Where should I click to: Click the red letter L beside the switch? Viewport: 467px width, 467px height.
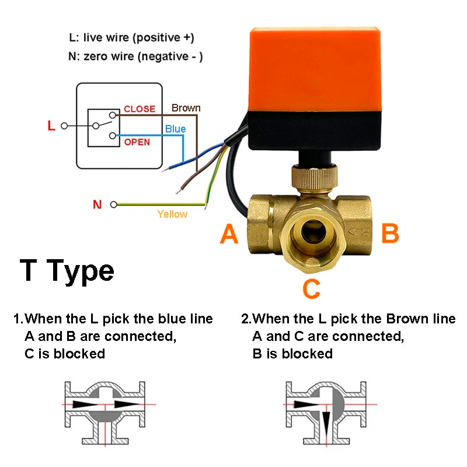[51, 126]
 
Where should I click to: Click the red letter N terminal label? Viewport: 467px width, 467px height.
[97, 204]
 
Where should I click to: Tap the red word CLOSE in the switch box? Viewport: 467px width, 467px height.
[140, 109]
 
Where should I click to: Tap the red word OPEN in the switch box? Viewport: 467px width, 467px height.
[137, 142]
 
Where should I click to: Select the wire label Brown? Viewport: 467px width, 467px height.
[186, 108]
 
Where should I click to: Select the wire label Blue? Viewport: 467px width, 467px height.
[175, 128]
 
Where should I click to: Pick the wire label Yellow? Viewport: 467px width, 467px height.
[172, 214]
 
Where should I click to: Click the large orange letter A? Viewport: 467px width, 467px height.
[229, 234]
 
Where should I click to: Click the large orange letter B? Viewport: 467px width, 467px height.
[390, 233]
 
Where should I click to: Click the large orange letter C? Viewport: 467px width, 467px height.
[312, 288]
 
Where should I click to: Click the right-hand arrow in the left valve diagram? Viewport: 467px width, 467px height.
[125, 404]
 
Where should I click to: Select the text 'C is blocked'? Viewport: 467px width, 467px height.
[65, 354]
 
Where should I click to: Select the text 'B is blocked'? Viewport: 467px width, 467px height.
[292, 354]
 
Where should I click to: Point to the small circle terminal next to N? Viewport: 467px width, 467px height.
[113, 204]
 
